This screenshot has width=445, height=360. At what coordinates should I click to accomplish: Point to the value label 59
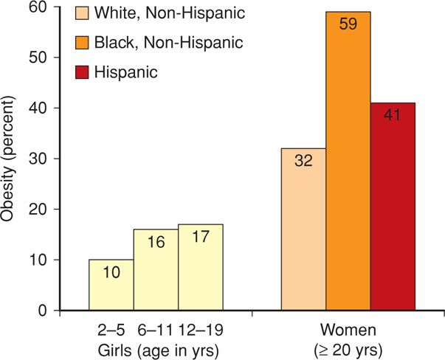(x=348, y=24)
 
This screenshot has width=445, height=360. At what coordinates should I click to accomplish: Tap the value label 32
(x=303, y=161)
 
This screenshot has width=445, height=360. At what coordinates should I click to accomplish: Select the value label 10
(x=111, y=271)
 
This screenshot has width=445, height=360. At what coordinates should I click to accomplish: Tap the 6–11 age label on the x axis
(x=156, y=325)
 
